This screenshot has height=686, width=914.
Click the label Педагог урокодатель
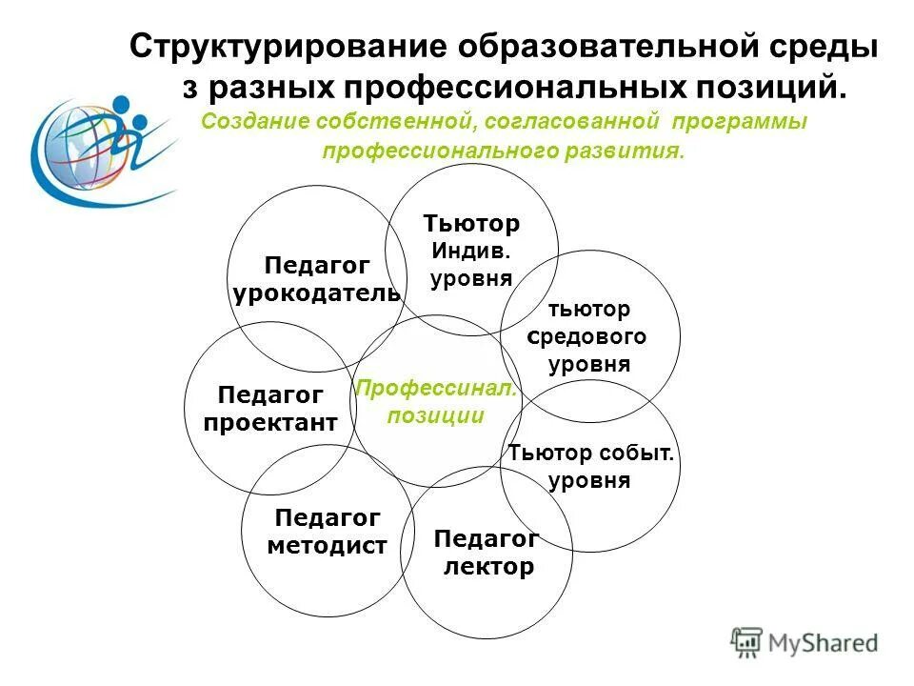tap(316, 279)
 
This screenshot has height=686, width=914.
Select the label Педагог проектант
tap(270, 409)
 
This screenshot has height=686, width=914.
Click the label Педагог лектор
tap(487, 554)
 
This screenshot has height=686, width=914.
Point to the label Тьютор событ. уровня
tap(590, 467)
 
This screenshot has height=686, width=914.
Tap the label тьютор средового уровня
tap(589, 336)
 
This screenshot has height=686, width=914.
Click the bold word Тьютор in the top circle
tap(472, 224)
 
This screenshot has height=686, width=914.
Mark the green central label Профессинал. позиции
tap(435, 402)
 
